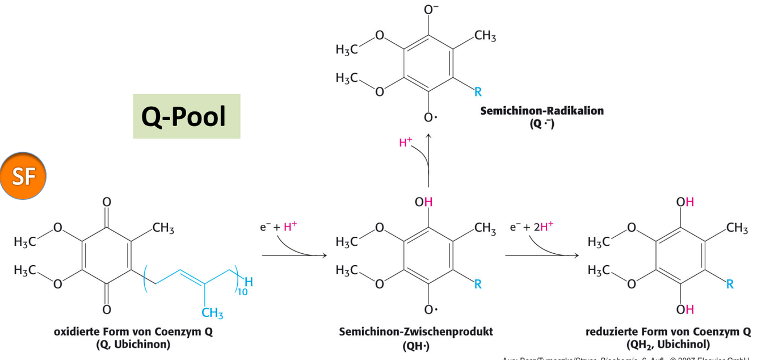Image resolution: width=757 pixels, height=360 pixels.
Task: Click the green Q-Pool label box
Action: pos(187,116)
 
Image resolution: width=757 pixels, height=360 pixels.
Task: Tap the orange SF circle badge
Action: pos(23,175)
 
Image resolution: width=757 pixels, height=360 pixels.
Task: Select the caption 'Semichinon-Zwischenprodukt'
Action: pos(416,331)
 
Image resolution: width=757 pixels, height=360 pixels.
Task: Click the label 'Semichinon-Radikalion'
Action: pos(542,111)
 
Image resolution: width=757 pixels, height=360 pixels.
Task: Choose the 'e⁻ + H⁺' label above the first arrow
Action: pos(278,227)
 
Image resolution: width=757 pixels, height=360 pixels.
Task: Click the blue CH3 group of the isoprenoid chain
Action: pos(212,313)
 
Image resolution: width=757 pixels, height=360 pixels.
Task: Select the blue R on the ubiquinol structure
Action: pos(730,284)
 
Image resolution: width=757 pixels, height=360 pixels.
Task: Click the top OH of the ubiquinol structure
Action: pos(684,202)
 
